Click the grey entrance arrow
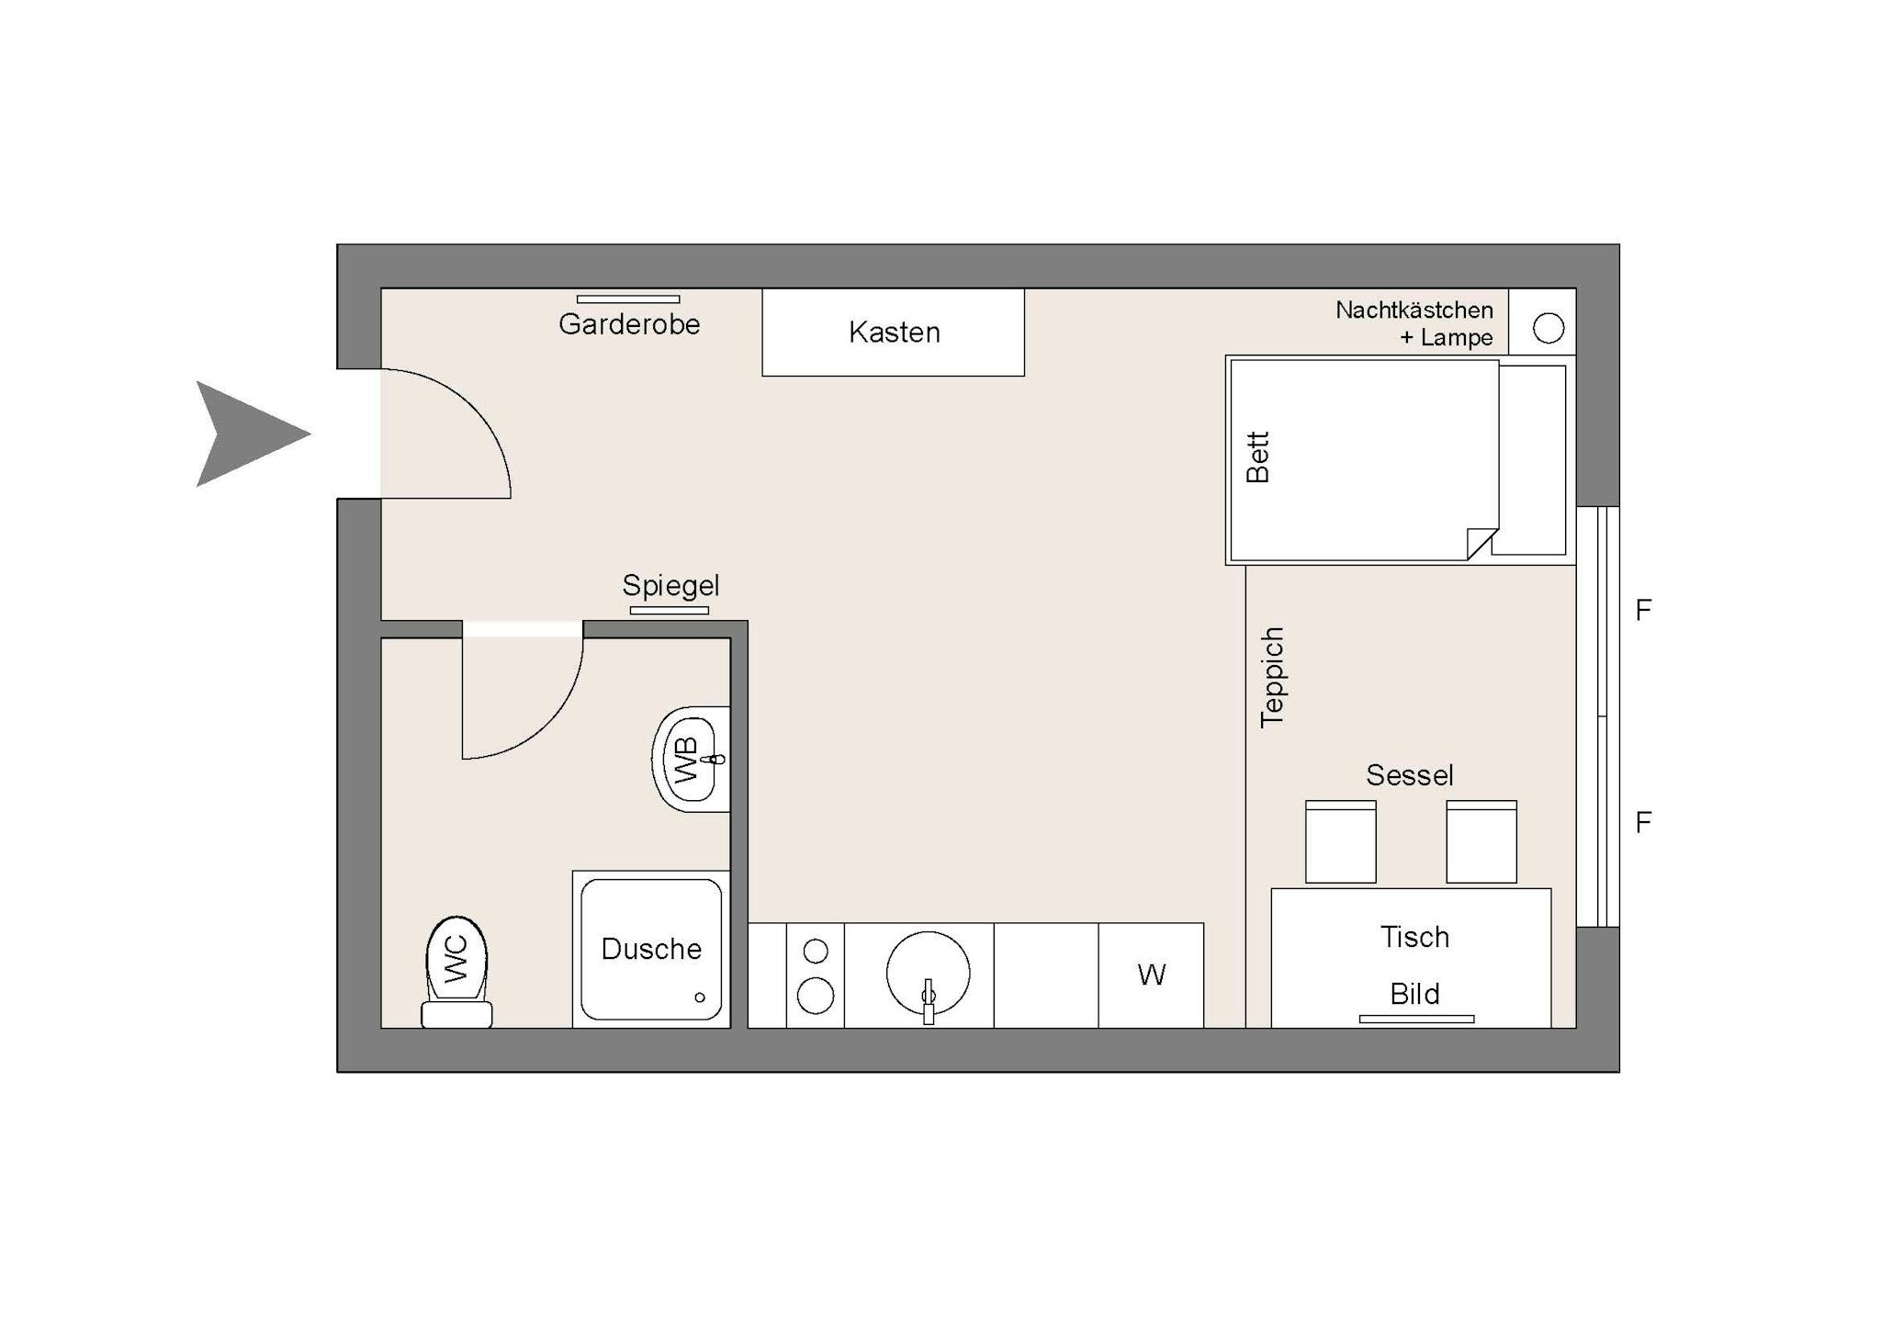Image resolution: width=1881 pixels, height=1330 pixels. [248, 434]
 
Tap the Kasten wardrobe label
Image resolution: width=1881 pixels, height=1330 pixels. [895, 332]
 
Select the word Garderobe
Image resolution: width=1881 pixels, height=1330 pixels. [629, 323]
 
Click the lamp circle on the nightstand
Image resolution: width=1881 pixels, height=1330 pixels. [1549, 328]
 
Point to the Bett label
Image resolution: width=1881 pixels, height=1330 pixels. [1257, 457]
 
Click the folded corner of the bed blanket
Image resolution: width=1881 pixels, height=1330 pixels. [1482, 544]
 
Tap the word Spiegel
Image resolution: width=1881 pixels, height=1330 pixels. [670, 585]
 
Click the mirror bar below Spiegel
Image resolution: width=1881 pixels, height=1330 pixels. [670, 611]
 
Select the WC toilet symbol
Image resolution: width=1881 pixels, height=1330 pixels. [456, 972]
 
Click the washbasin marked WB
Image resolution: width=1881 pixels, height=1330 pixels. [692, 759]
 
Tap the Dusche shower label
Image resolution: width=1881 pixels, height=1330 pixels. [651, 949]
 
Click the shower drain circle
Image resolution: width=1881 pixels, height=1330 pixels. [700, 997]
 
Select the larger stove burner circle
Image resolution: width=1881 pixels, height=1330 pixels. [816, 996]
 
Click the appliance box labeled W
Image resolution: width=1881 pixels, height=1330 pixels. [1151, 975]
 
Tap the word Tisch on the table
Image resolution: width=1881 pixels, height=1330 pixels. [1414, 937]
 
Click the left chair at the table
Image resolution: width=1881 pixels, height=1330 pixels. [1341, 841]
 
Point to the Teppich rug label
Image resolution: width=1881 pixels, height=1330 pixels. [1272, 678]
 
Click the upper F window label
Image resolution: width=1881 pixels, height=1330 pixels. [1643, 610]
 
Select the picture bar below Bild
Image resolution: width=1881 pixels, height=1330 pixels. [1416, 1019]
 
